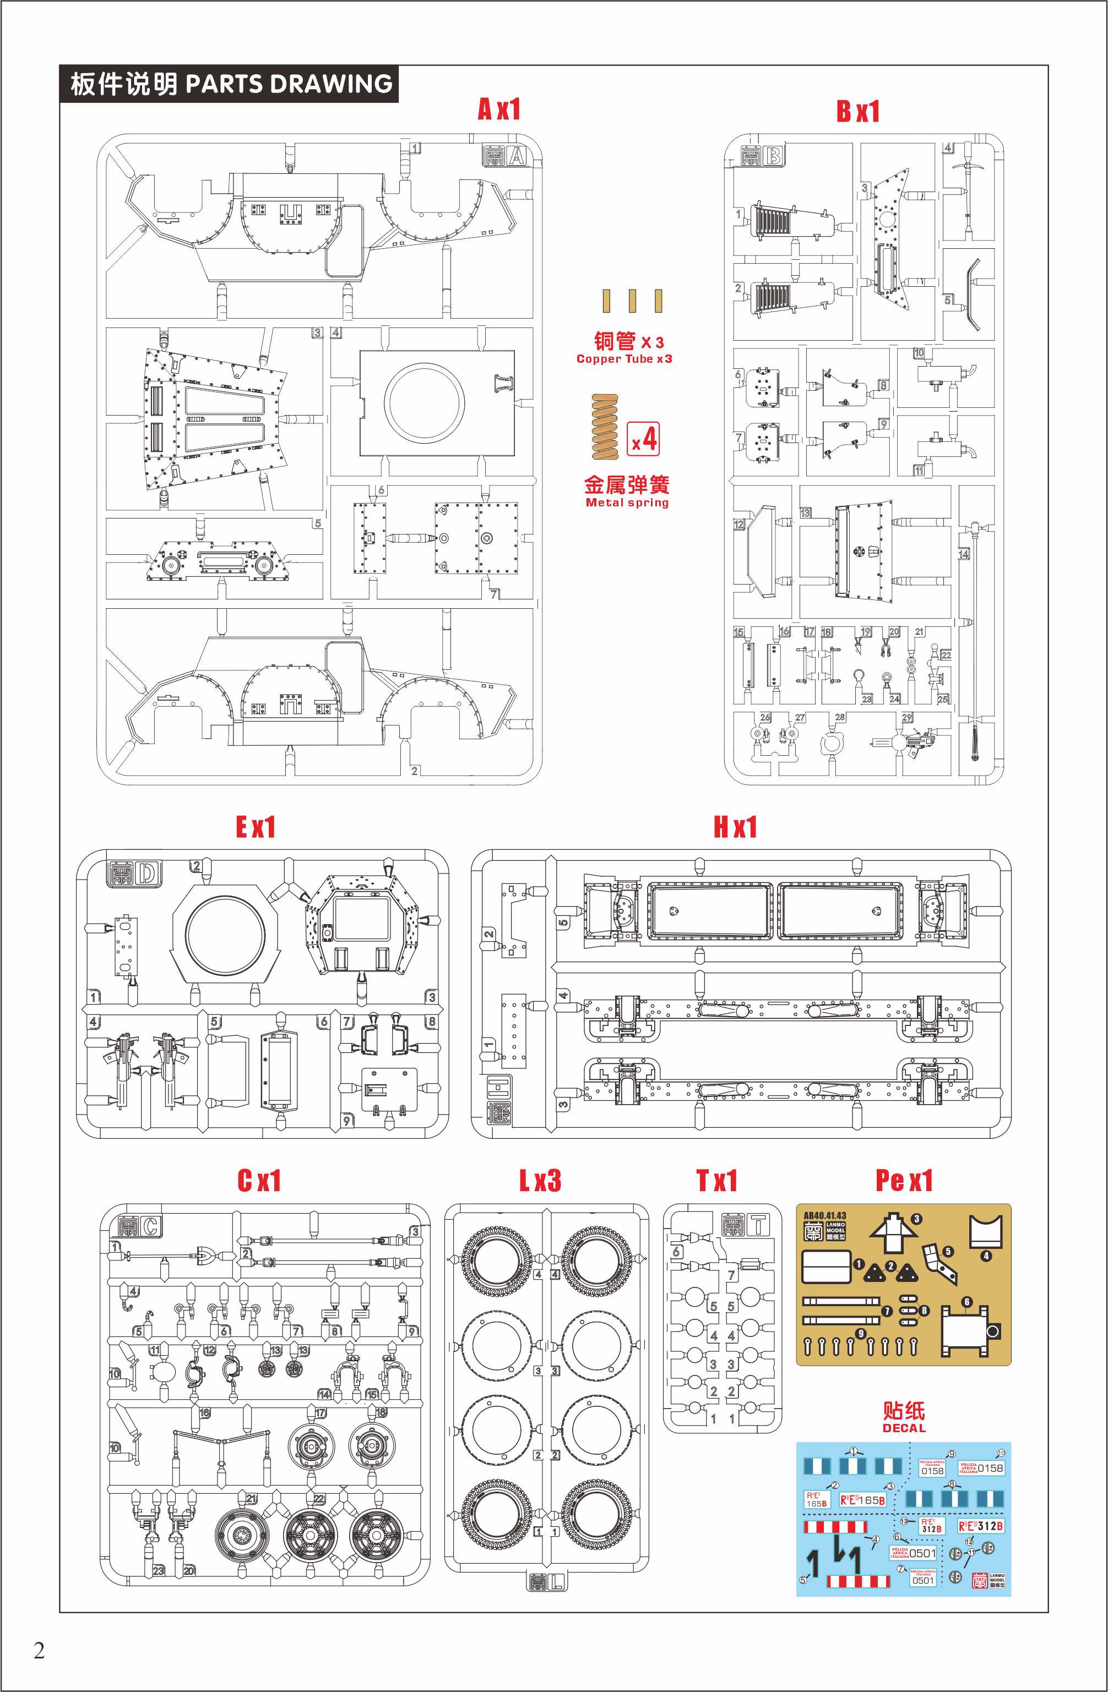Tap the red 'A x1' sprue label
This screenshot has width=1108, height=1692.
pyautogui.click(x=499, y=110)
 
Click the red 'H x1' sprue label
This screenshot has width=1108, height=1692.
pyautogui.click(x=735, y=827)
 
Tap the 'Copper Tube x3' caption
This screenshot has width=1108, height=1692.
pyautogui.click(x=624, y=359)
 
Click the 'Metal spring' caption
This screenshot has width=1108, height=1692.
pyautogui.click(x=627, y=503)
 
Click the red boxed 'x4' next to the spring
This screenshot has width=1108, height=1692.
pyautogui.click(x=644, y=439)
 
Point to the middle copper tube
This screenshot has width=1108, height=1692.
pyautogui.click(x=632, y=301)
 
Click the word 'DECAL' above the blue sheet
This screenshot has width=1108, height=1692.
pyautogui.click(x=904, y=1428)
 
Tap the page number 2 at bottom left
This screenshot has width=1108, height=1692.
pyautogui.click(x=39, y=1651)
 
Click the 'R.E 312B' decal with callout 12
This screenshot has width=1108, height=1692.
pyautogui.click(x=980, y=1526)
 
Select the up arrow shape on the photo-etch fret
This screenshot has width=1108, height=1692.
pyautogui.click(x=893, y=1233)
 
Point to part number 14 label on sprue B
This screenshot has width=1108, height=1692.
pyautogui.click(x=964, y=554)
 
